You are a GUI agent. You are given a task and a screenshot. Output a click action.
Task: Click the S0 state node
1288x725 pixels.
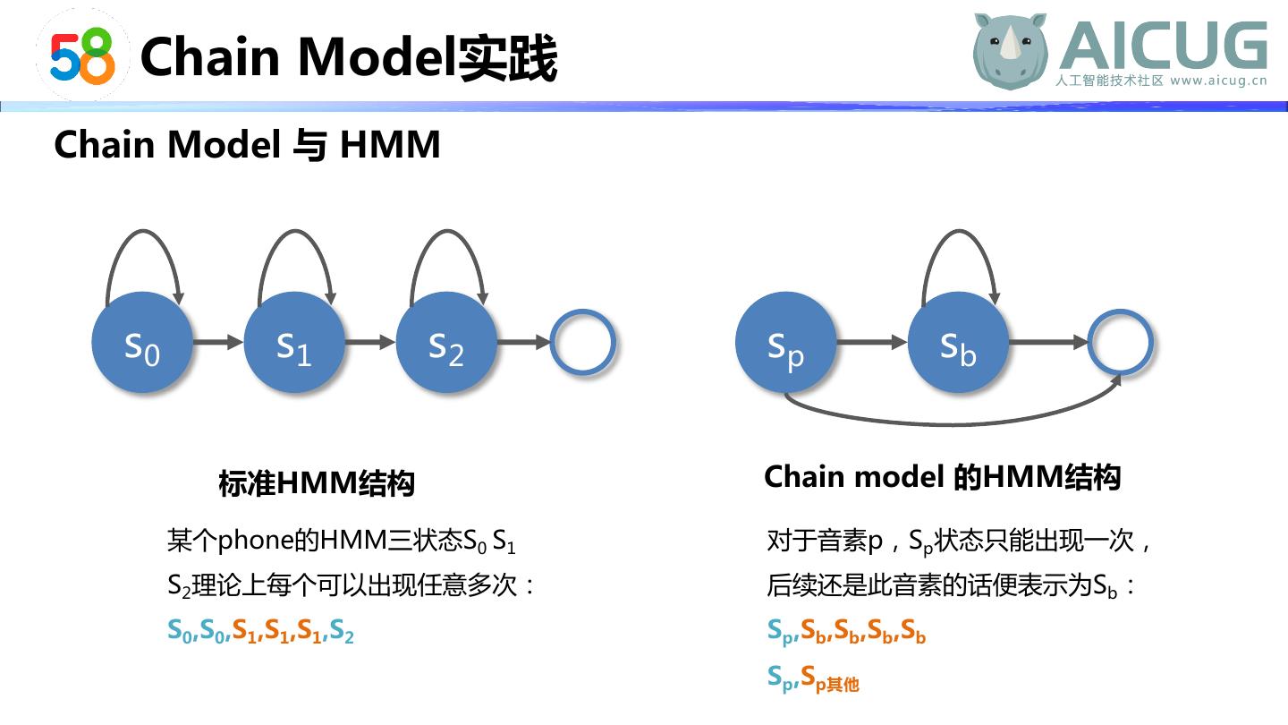(x=142, y=343)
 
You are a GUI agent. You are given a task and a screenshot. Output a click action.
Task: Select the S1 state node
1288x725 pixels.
(x=294, y=343)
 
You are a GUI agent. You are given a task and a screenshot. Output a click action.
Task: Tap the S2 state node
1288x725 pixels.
(x=446, y=343)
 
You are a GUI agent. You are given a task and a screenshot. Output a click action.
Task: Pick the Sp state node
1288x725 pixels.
(x=786, y=343)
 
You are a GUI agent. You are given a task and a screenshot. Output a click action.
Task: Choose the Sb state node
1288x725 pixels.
(x=958, y=343)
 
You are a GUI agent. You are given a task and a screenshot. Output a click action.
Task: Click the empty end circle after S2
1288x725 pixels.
(x=582, y=342)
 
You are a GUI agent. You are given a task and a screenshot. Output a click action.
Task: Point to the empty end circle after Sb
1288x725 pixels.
(x=1120, y=342)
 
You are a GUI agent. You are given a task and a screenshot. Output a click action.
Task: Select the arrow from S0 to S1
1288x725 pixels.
(x=217, y=342)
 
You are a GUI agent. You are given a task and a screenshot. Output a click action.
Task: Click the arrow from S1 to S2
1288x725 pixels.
(x=370, y=342)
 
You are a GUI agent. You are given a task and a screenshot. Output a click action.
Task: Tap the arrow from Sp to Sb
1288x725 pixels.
(x=872, y=342)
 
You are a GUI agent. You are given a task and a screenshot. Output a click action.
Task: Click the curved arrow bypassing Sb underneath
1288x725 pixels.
(x=948, y=421)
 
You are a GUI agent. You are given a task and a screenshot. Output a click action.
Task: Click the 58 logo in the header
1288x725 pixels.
(x=82, y=55)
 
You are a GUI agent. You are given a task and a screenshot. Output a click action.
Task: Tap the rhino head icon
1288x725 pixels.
(x=1011, y=51)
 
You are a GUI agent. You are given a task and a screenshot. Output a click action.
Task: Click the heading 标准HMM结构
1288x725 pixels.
(x=317, y=483)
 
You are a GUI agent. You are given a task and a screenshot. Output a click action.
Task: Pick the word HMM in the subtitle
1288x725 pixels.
(x=390, y=144)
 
